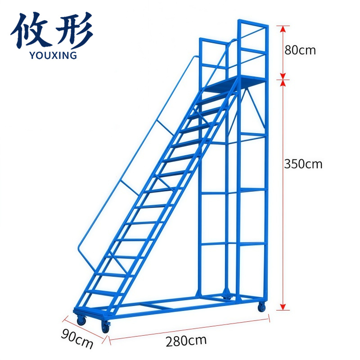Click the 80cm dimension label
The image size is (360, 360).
point(300,50)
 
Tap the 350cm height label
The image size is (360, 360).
point(303,164)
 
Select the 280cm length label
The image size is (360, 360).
point(186,341)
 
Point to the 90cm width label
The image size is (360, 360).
point(77,338)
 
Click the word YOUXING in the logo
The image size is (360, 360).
point(53,55)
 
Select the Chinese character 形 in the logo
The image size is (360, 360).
point(73,30)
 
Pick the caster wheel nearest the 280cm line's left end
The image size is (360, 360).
point(106,327)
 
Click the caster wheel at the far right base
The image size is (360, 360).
point(261,307)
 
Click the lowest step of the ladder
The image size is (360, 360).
point(102,293)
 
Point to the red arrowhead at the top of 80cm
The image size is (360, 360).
point(283,29)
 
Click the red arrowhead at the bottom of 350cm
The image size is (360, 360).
point(283,307)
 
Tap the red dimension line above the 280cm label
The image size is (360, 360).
point(189,329)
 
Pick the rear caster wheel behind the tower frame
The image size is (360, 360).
point(227,297)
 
